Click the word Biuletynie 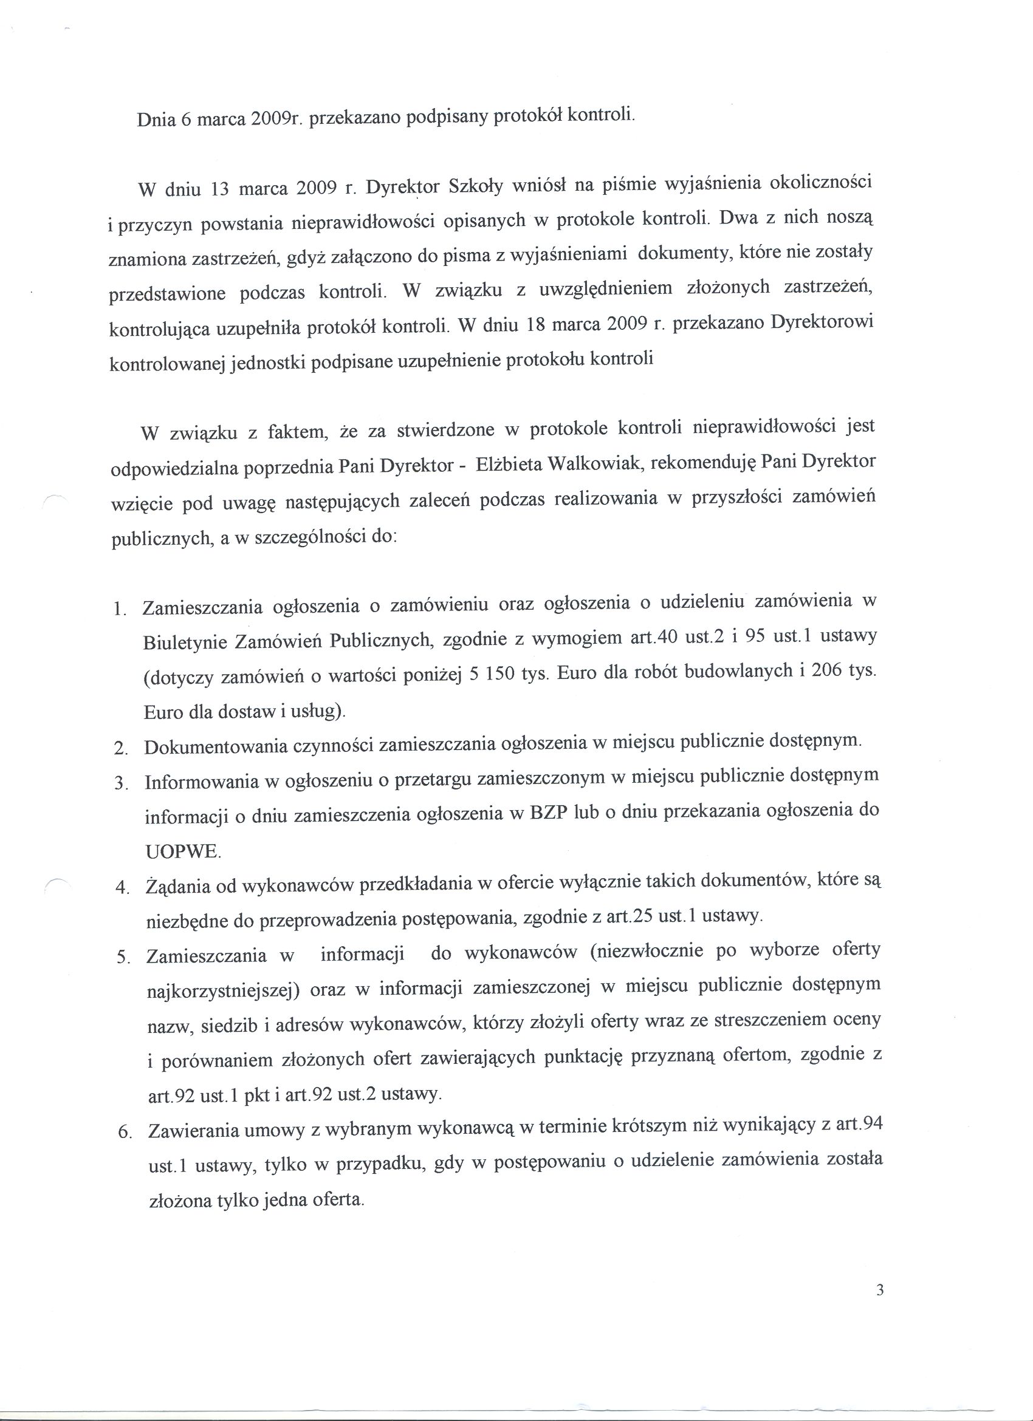click(184, 643)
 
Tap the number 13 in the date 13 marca click(221, 190)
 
